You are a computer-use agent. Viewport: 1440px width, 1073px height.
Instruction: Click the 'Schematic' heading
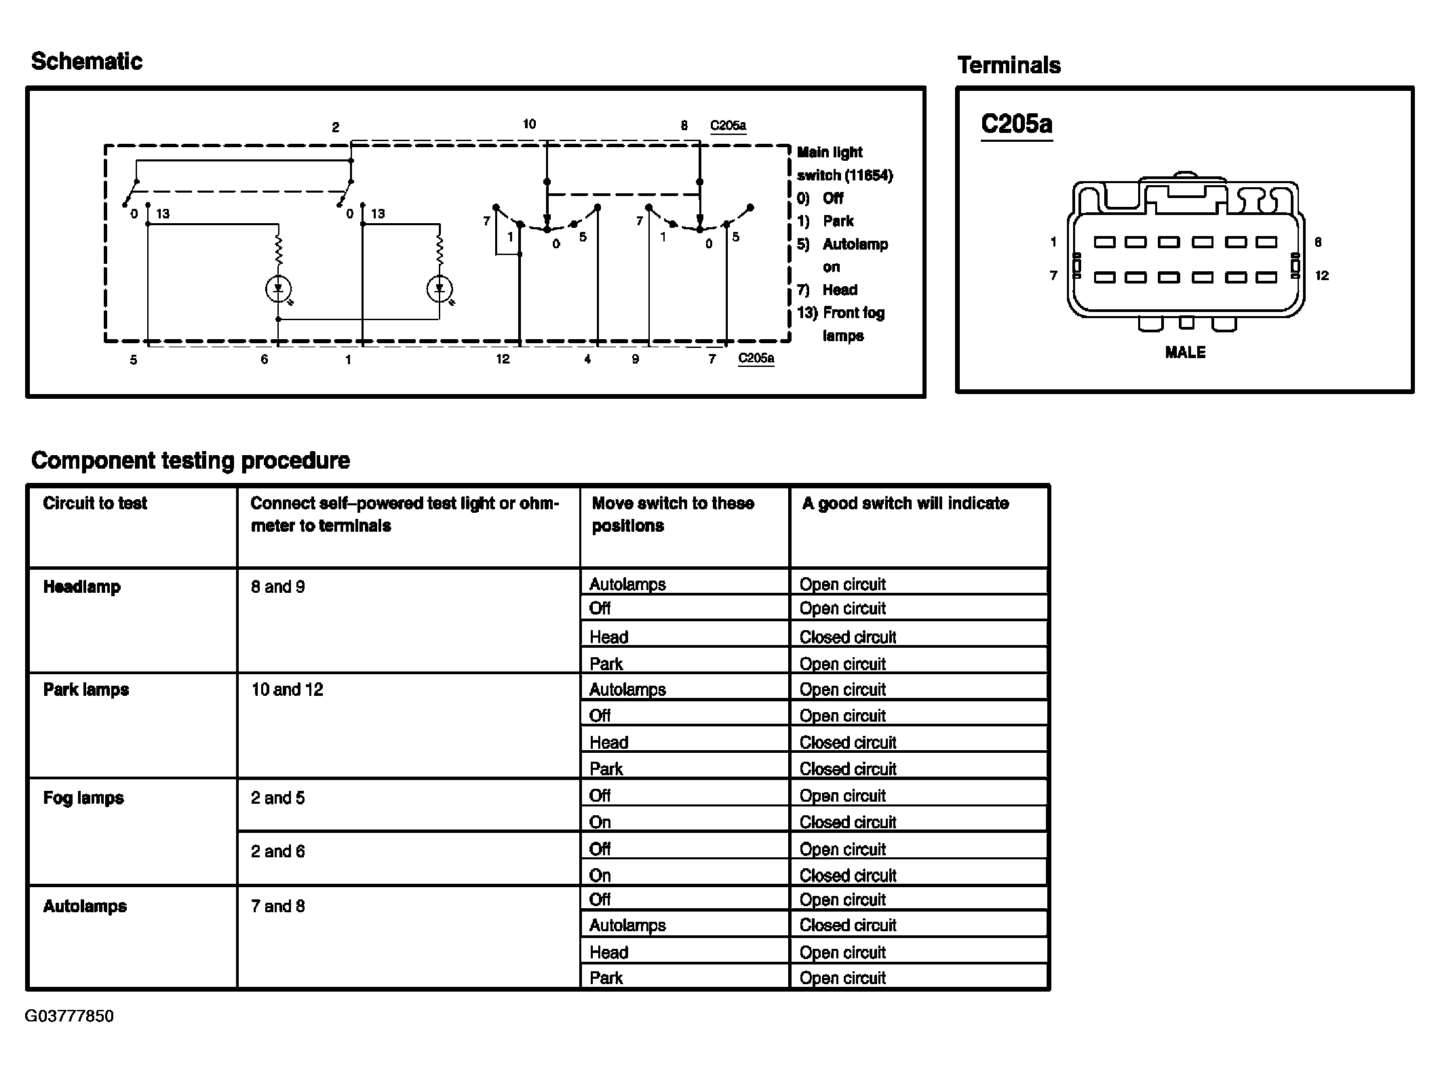point(87,62)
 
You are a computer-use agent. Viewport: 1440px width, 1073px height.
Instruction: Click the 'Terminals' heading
point(1009,66)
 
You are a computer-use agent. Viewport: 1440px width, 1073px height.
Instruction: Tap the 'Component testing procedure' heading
point(191,461)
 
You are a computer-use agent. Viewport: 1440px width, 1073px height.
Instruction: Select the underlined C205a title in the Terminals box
point(1016,124)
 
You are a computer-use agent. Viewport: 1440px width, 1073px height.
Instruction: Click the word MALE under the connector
point(1185,353)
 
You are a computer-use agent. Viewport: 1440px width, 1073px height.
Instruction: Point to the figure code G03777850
point(69,1016)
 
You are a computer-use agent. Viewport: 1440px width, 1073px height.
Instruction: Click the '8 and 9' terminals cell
point(277,587)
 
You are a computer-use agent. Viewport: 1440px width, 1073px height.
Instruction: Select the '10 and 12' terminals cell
point(287,690)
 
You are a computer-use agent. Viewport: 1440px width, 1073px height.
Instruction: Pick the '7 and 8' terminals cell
point(277,906)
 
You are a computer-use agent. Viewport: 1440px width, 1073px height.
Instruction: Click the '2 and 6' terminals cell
point(277,851)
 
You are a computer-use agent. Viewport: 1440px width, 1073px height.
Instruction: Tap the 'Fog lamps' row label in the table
point(83,798)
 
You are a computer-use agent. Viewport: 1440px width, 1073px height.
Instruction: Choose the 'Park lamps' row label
point(86,690)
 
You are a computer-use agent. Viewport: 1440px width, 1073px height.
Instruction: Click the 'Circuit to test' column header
point(95,503)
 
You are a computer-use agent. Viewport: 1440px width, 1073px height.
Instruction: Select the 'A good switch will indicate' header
point(905,503)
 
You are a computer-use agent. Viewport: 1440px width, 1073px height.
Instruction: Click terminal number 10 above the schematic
point(529,124)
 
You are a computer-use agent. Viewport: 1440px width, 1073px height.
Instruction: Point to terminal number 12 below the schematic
point(502,359)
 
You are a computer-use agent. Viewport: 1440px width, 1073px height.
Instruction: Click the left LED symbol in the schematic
point(277,290)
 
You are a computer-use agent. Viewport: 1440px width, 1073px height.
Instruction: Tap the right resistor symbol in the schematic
point(440,251)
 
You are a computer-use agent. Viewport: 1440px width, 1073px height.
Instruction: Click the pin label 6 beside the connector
point(1318,242)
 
